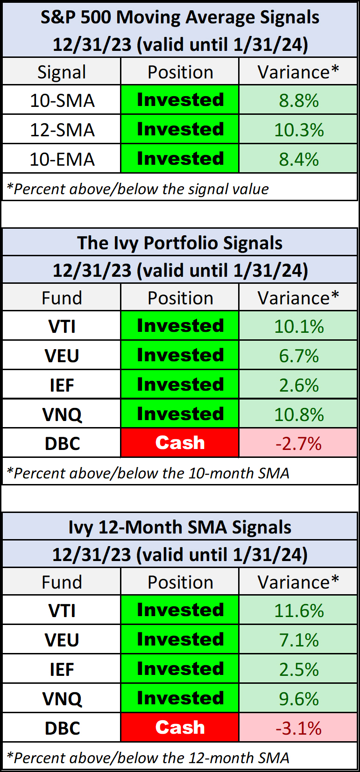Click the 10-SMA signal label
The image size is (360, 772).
click(62, 100)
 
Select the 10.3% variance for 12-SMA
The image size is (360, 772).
click(299, 130)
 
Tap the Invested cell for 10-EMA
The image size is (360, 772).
click(180, 159)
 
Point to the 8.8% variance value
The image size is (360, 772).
click(299, 100)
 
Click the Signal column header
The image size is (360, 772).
click(62, 72)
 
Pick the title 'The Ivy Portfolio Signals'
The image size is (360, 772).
click(180, 243)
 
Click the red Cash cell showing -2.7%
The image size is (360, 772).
click(180, 443)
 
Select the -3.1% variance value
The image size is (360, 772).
click(299, 728)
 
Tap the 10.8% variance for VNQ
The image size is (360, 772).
click(299, 414)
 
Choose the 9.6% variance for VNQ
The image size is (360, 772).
click(299, 699)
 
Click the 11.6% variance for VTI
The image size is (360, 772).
click(299, 611)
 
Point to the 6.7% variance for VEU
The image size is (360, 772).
click(299, 356)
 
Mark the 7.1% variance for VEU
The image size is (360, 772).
click(299, 640)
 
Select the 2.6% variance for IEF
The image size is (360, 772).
click(299, 385)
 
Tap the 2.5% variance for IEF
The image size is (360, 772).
click(299, 669)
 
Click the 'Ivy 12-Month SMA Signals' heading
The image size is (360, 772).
click(180, 527)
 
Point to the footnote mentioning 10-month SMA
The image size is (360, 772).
click(148, 473)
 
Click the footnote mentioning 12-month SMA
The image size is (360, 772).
click(148, 758)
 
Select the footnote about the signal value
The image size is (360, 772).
click(138, 189)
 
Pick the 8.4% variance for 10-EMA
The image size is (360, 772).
click(299, 159)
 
